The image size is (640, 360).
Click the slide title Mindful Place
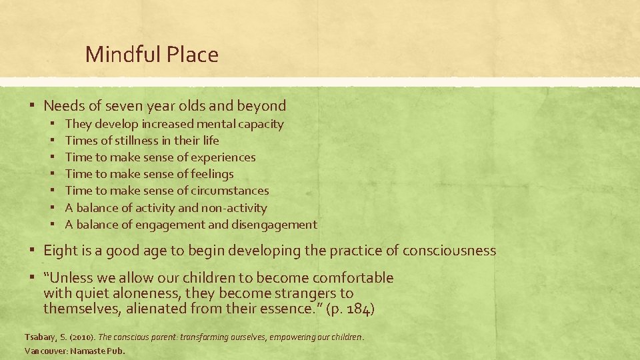(151, 55)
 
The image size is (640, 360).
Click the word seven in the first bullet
(136, 105)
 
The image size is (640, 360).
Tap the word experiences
(223, 157)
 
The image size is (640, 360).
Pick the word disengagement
(274, 225)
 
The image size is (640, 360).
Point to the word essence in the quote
(287, 309)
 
